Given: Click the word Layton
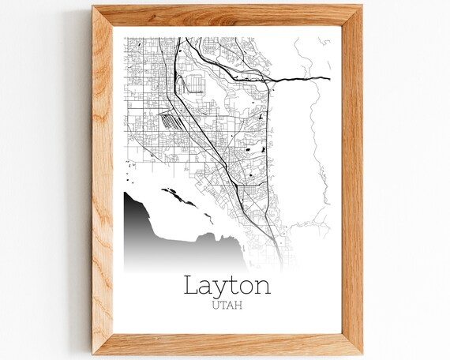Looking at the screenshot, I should click(x=227, y=284).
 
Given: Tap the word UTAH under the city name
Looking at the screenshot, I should click(x=227, y=304).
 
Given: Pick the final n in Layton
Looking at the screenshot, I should click(x=262, y=286).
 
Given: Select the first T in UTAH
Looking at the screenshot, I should click(x=223, y=304).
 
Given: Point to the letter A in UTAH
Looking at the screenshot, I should click(x=232, y=304).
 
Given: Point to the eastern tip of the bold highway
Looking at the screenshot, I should click(x=328, y=78).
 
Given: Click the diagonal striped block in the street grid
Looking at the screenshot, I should click(x=171, y=122).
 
